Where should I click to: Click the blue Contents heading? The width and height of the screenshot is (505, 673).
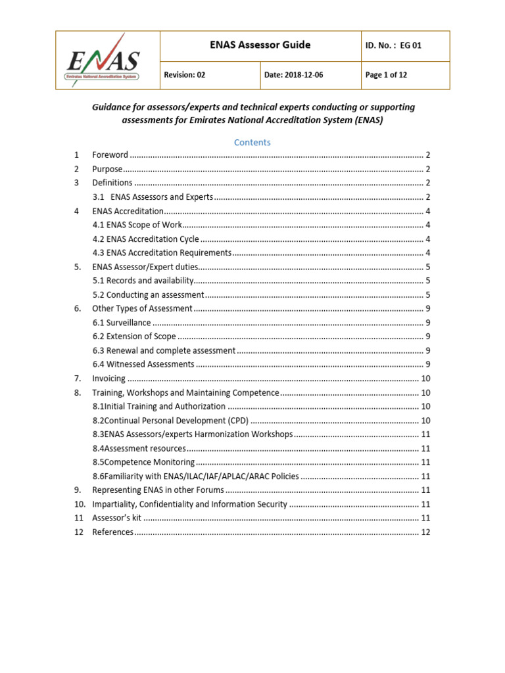coord(252,142)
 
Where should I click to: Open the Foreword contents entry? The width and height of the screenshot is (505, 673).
coord(110,155)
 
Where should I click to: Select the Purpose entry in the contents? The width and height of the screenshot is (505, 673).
coord(108,169)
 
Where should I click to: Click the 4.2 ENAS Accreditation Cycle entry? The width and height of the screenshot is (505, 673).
coord(146,239)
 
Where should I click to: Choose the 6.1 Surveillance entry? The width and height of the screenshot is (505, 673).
coord(122,323)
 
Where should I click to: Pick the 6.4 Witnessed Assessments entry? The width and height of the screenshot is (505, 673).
coord(143,364)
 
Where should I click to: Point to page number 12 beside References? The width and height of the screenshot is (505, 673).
coord(425,532)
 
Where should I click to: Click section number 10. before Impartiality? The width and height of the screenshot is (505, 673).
coord(80,504)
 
